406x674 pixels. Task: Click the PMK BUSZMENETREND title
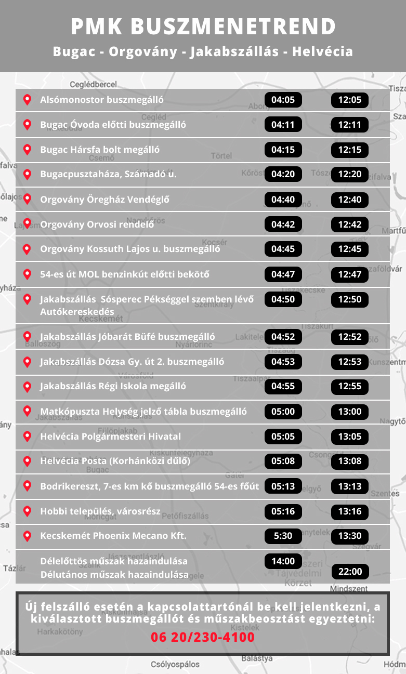pos(203,27)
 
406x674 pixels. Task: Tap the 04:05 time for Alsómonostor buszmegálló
pos(283,100)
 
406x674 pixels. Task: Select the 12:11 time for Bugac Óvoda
pos(349,125)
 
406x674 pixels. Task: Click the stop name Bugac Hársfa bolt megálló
pos(100,150)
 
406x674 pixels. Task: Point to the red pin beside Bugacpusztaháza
pos(27,175)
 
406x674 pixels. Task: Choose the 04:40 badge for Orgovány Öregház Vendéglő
pos(283,200)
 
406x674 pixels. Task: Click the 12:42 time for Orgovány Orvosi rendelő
pos(349,224)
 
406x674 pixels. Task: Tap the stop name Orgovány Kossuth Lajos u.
pos(130,249)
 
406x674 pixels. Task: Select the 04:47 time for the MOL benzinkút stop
pos(283,274)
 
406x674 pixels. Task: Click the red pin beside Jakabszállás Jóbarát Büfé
pos(27,337)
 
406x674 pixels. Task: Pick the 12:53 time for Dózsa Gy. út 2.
pos(349,361)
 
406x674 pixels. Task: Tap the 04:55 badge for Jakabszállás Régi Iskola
pos(283,386)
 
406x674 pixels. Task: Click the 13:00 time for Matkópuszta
pos(349,412)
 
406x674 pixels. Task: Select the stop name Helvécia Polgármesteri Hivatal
pos(111,437)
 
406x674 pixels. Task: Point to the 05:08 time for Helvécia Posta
pos(283,461)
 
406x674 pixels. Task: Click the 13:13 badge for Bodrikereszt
pos(349,486)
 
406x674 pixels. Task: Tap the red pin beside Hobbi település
pos(27,511)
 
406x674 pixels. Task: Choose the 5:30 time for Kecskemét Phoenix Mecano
pos(283,536)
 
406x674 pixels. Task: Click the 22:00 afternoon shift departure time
pos(350,572)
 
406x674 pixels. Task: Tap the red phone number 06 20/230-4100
pos(203,637)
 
